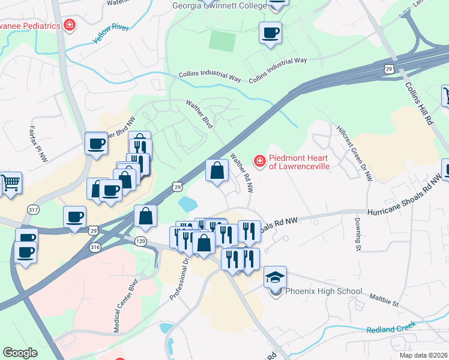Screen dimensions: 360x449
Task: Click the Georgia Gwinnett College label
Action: click(x=219, y=6)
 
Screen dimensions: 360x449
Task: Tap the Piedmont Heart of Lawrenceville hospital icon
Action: click(x=260, y=160)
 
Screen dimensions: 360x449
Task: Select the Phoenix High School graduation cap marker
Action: click(x=276, y=277)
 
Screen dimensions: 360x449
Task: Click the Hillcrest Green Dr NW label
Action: click(x=355, y=153)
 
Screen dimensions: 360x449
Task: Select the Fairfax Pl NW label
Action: click(x=37, y=143)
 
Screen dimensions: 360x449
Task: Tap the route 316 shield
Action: click(x=94, y=247)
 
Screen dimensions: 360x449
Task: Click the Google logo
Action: click(x=20, y=353)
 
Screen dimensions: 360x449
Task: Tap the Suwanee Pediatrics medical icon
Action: click(x=70, y=25)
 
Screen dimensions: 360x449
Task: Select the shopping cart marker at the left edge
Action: click(x=10, y=182)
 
